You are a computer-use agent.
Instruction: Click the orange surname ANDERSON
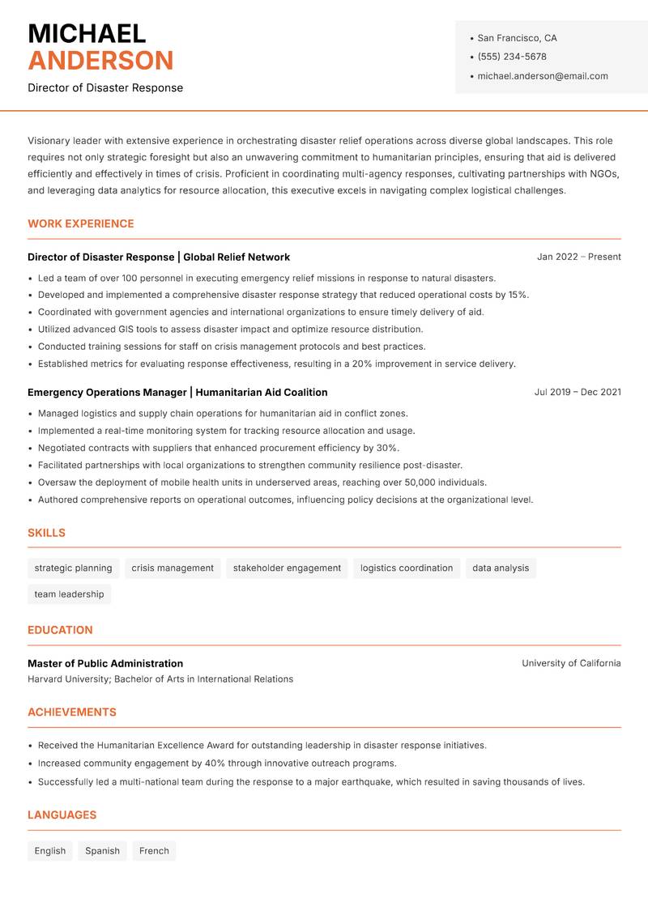click(x=100, y=61)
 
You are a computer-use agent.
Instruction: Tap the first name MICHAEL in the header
click(x=87, y=33)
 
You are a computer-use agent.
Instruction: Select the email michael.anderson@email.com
click(x=542, y=76)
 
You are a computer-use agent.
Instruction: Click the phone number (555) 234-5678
click(x=511, y=57)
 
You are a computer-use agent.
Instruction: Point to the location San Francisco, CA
click(x=517, y=38)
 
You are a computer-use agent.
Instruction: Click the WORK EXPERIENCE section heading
click(x=81, y=223)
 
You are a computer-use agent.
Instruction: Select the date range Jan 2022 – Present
click(x=578, y=257)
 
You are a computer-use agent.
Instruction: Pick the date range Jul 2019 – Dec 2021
click(x=578, y=392)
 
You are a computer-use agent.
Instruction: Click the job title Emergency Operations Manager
click(x=107, y=392)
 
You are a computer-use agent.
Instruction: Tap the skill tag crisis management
click(x=173, y=568)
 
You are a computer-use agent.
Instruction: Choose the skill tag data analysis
click(x=500, y=568)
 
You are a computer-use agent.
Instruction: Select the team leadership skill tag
click(x=69, y=594)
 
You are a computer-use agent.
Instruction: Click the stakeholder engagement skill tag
click(x=287, y=568)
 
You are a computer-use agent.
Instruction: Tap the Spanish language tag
click(x=102, y=851)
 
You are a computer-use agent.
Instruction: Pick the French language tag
click(x=154, y=851)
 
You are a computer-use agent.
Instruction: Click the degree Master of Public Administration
click(x=105, y=663)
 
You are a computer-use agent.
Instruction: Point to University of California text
click(x=571, y=663)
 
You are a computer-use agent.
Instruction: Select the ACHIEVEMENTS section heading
click(x=72, y=713)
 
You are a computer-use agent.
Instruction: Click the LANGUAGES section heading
click(x=62, y=815)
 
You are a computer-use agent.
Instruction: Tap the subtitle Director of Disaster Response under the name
click(x=105, y=87)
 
